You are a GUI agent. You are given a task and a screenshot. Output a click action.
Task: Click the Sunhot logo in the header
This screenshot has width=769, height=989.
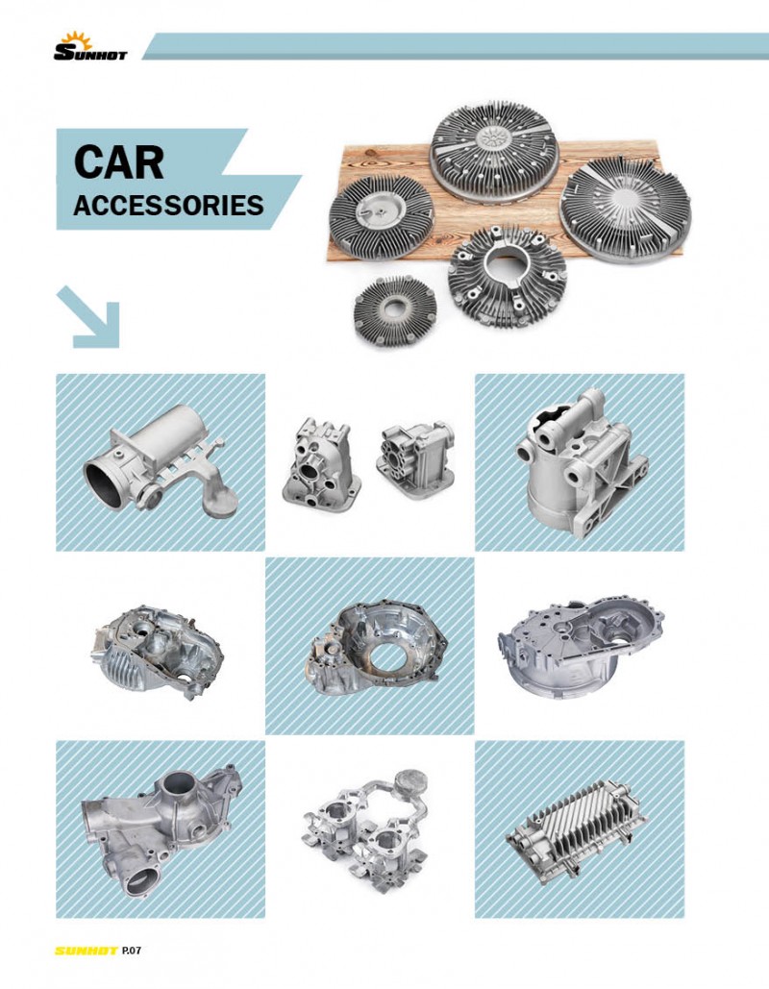tap(90, 47)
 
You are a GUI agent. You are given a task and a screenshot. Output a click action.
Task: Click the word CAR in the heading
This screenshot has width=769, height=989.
tap(118, 162)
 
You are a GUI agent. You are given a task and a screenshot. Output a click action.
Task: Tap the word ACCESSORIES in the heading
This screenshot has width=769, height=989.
tap(168, 206)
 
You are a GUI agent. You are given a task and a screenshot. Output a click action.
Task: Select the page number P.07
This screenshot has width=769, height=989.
tap(132, 950)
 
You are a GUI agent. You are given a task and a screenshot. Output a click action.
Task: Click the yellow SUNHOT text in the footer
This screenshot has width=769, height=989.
tap(87, 951)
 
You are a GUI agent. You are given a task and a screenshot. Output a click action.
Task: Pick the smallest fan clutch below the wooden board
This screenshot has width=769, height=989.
tap(395, 311)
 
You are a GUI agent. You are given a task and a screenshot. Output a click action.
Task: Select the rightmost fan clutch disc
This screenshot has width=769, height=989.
tap(625, 210)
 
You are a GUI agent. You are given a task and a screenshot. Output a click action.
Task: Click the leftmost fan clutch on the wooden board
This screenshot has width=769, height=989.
tap(381, 216)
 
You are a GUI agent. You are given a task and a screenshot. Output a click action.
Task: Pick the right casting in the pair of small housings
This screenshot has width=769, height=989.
tap(415, 458)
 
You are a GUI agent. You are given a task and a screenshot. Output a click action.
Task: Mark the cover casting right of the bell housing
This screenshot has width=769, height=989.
tap(581, 648)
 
